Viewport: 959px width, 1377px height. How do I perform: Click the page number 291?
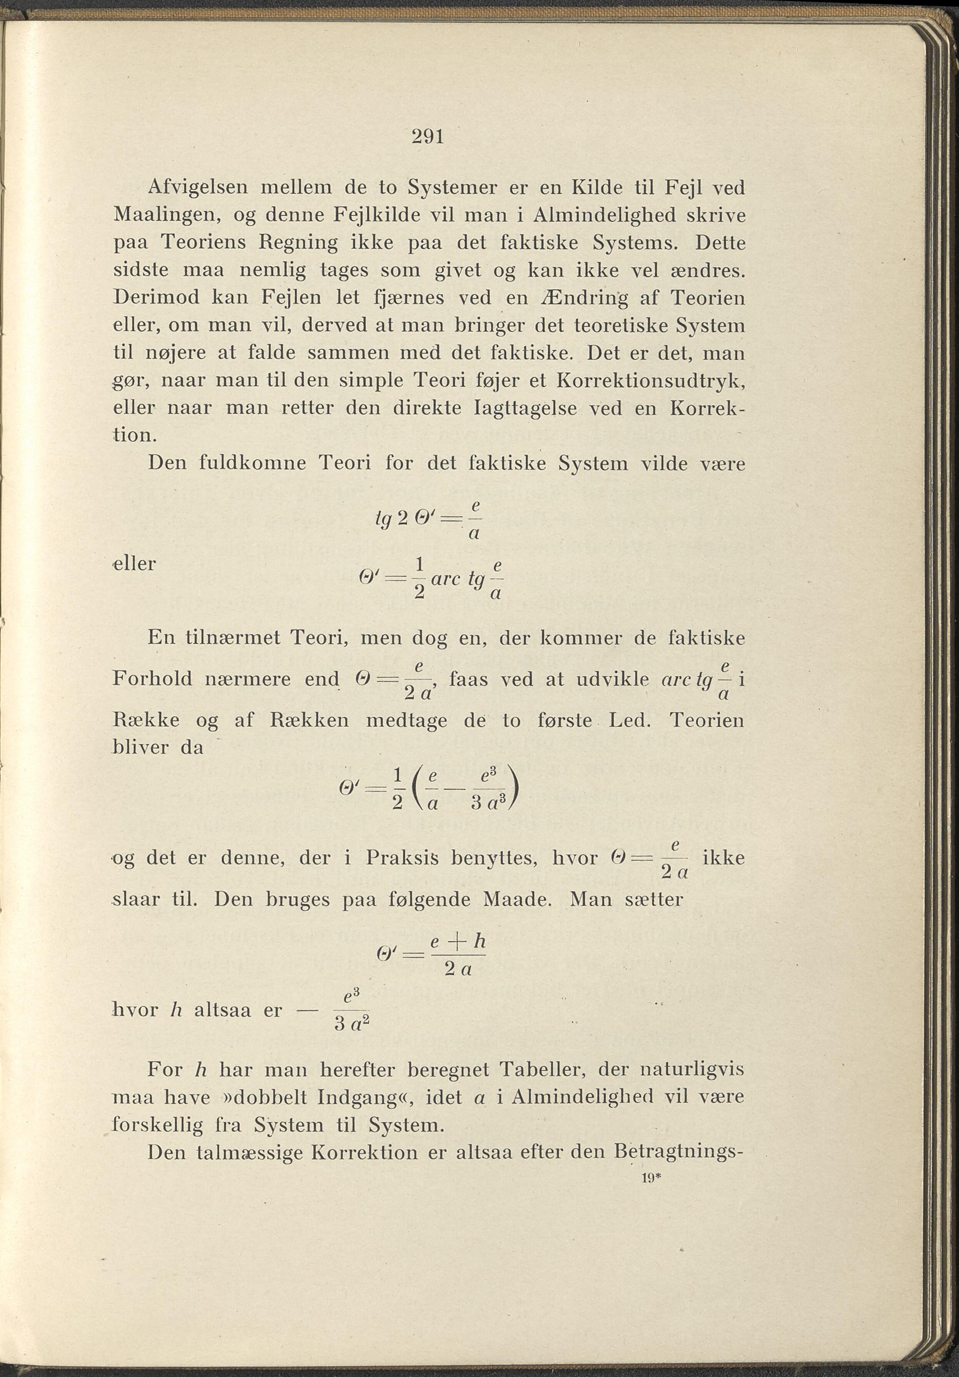click(x=428, y=137)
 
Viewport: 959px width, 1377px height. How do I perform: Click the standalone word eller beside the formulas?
click(x=135, y=564)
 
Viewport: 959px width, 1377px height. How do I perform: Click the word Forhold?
click(x=152, y=679)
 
